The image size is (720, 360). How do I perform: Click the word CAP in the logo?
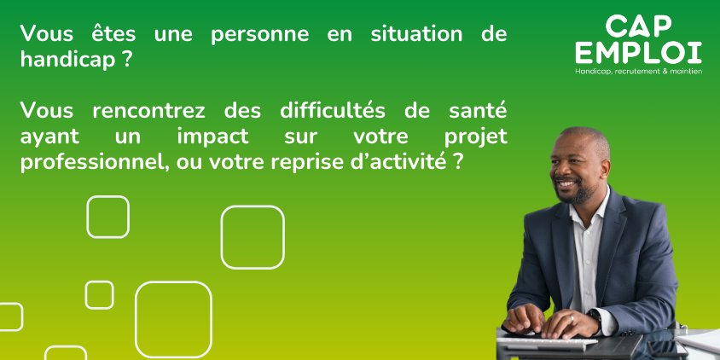pos(639,26)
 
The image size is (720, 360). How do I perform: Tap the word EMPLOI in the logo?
pos(639,53)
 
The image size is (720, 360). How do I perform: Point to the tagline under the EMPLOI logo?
pos(639,71)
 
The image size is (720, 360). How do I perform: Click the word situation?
pos(416,34)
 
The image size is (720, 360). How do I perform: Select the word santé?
pos(478,111)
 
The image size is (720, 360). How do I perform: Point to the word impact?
pos(212,137)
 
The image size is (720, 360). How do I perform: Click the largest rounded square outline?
pos(136,320)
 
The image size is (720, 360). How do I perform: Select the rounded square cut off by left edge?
pos(22,316)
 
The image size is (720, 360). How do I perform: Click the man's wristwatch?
pos(595,316)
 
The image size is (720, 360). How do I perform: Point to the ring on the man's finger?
pos(572,318)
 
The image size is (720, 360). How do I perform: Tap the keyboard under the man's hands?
pos(547,342)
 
